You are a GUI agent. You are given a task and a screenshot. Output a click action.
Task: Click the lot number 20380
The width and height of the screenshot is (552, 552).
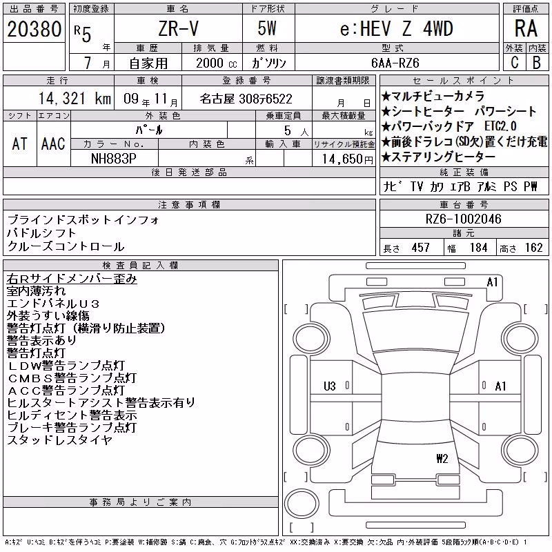coord(34,29)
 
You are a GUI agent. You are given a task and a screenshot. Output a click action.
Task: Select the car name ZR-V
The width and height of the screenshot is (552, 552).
coord(178,28)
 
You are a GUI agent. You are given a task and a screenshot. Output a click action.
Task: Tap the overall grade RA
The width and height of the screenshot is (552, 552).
coord(526,28)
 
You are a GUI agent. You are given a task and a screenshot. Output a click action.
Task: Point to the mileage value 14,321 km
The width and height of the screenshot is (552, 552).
coord(75,98)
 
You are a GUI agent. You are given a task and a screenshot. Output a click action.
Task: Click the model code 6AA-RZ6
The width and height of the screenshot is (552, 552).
coord(395,63)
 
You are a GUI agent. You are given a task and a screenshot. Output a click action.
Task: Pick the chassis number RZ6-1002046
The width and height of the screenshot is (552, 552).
coord(463,219)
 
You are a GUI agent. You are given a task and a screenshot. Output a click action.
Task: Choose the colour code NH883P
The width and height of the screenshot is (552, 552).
coord(114,159)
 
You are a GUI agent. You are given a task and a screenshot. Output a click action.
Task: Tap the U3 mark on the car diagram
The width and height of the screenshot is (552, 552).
coord(330,386)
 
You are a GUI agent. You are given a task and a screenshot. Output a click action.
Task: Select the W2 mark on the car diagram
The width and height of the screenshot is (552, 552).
coord(442,458)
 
